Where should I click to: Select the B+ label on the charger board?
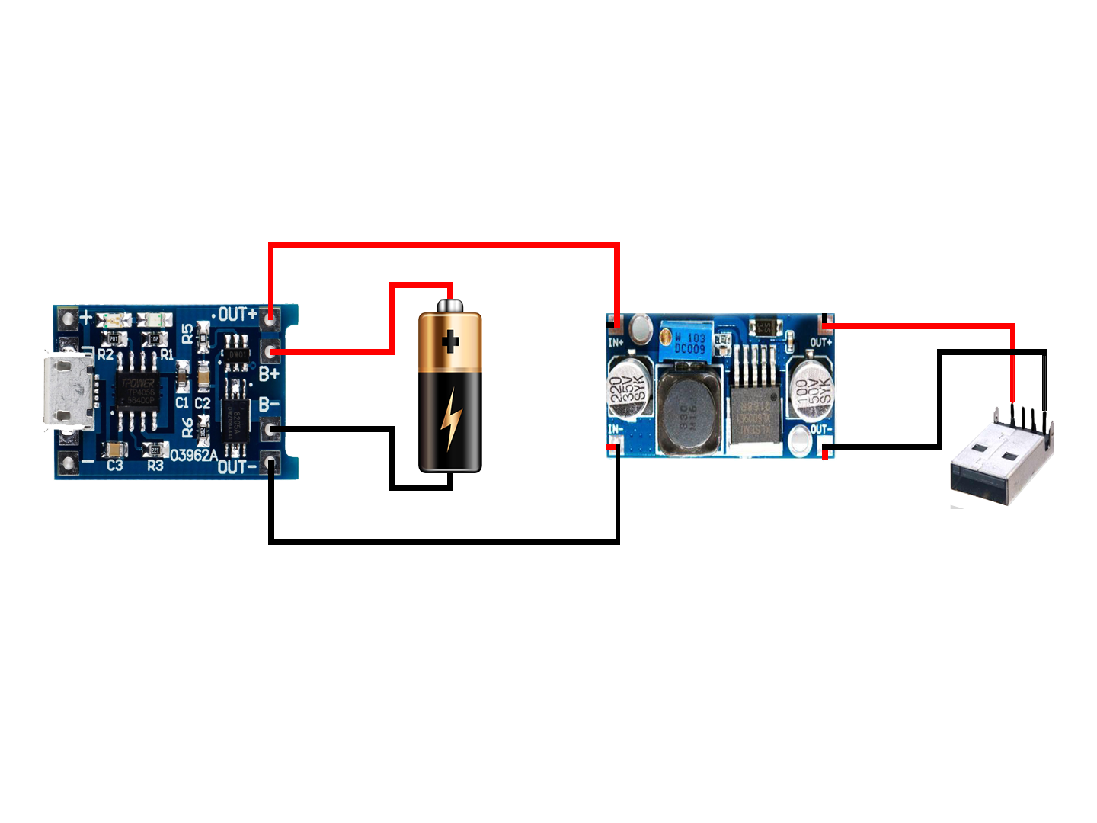[269, 374]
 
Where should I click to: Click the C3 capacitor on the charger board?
[116, 450]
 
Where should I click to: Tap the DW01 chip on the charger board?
[236, 354]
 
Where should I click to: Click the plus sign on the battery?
[450, 341]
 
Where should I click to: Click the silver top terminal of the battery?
[449, 306]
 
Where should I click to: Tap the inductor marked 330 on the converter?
[690, 413]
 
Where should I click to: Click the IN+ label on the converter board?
[616, 343]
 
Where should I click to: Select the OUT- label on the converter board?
[820, 429]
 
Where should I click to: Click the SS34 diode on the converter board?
[766, 328]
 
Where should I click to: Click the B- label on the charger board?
[269, 404]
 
